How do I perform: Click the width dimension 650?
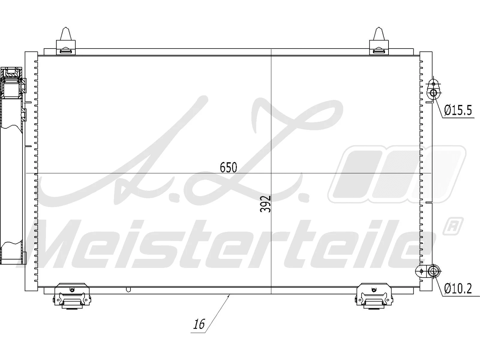point(228,167)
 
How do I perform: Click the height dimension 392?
point(265,204)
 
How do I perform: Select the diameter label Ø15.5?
point(458,110)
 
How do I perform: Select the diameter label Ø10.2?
point(458,289)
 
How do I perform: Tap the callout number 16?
point(199,324)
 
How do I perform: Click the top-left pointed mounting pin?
point(66,34)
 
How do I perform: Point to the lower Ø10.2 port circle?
point(433,272)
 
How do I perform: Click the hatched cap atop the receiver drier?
point(12,72)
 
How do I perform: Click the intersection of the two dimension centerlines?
point(271,173)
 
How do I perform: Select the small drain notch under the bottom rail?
point(128,290)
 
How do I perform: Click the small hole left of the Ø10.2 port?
point(421,271)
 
